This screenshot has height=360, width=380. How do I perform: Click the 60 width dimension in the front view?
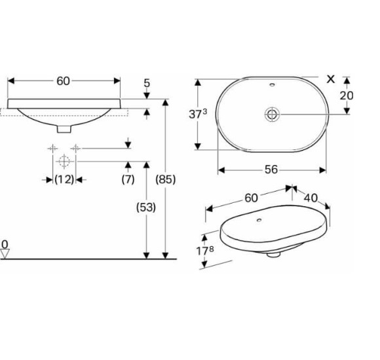click(x=64, y=81)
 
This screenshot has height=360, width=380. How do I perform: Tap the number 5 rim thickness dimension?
click(x=147, y=83)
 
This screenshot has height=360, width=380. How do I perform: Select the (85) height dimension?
click(x=165, y=179)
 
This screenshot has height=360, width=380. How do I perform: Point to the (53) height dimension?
click(x=146, y=207)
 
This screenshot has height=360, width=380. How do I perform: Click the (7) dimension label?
click(x=128, y=179)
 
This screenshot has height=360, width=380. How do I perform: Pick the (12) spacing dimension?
click(x=64, y=179)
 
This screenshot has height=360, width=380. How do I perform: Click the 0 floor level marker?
click(x=5, y=245)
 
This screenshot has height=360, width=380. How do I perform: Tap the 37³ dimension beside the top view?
click(x=198, y=114)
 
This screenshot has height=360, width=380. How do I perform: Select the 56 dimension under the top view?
click(x=271, y=170)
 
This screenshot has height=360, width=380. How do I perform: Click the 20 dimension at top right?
click(x=347, y=96)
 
